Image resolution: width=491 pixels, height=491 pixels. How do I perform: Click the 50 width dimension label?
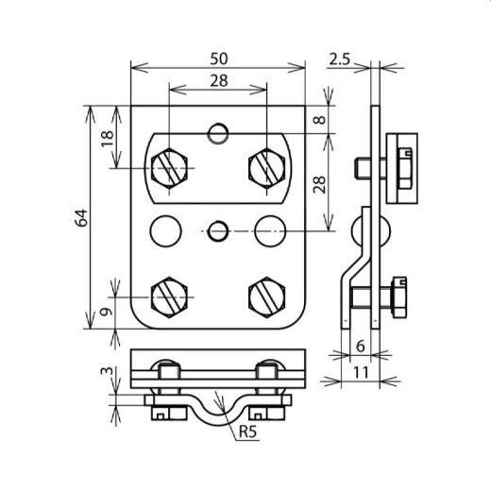(219, 59)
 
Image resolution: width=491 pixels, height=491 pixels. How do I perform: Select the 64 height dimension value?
(81, 217)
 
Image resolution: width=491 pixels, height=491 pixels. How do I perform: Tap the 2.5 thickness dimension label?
(339, 59)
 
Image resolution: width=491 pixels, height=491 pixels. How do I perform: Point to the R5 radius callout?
(248, 432)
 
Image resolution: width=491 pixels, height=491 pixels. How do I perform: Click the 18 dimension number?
(108, 139)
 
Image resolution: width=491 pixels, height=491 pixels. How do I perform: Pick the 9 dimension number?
(106, 312)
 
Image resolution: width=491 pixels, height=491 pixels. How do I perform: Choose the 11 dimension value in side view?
(361, 373)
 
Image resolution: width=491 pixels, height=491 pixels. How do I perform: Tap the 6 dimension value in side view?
(361, 347)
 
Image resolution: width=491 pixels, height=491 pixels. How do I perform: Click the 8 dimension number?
(319, 120)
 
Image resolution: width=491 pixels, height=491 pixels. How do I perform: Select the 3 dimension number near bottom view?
(107, 370)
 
